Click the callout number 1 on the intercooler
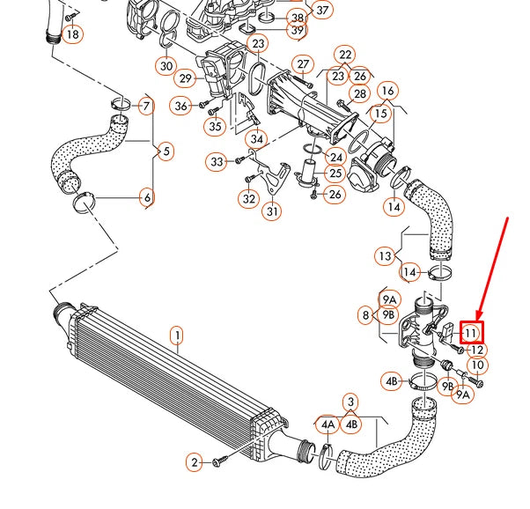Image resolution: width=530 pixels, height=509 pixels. [177, 336]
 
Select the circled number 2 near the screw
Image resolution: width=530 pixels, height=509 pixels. [195, 461]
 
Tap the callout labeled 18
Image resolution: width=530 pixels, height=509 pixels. [72, 34]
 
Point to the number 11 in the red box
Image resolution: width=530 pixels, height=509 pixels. [471, 333]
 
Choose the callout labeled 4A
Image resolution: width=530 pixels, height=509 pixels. [328, 424]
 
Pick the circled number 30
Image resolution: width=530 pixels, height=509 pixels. [167, 65]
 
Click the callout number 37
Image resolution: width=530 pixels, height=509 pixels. [322, 11]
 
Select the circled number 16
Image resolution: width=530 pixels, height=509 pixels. [387, 91]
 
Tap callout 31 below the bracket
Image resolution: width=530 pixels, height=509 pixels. [272, 211]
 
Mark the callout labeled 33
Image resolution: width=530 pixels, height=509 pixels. [217, 161]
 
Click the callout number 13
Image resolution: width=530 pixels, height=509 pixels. [385, 256]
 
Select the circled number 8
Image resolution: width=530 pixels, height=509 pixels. [364, 314]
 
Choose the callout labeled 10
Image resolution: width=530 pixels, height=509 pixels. [477, 365]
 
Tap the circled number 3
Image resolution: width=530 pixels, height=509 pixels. [350, 402]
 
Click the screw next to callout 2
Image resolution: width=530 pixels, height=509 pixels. [223, 457]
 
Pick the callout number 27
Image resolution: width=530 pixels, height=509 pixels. [304, 64]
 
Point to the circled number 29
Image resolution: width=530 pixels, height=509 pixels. [185, 79]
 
